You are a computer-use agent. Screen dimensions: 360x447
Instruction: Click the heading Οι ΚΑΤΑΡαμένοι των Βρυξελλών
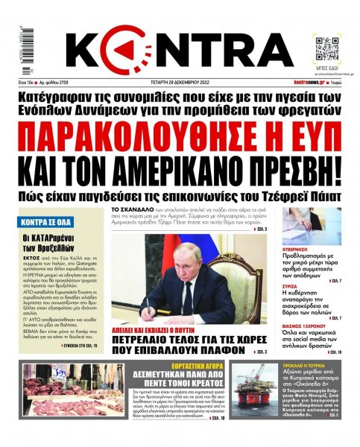point(51,244)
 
